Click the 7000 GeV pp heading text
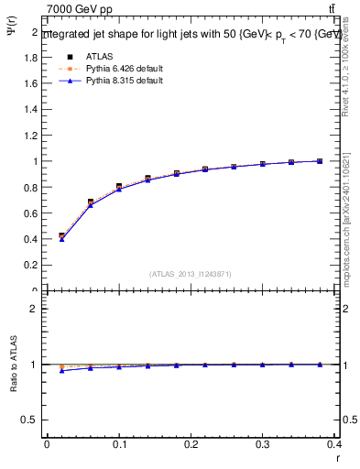[x=76, y=9]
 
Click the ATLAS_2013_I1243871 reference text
[x=191, y=274]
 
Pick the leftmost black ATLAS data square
[x=61, y=236]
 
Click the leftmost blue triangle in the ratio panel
[x=61, y=370]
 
